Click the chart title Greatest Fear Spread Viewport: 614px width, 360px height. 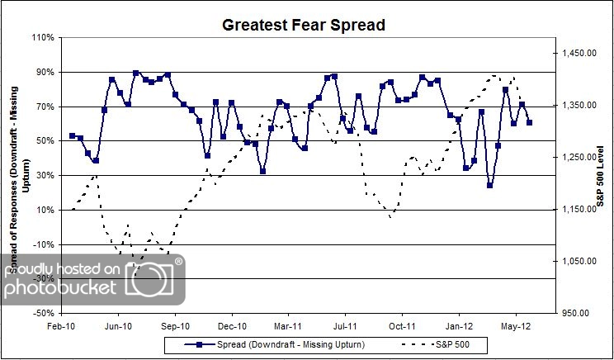tap(303, 25)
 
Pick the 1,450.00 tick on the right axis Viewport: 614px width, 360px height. tap(578, 54)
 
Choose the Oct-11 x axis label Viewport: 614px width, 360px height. tap(402, 325)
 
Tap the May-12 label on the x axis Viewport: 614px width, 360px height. tap(515, 325)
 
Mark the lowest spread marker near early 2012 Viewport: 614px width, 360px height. tap(489, 185)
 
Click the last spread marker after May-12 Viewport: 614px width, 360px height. tap(530, 122)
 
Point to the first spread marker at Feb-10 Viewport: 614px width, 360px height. tap(73, 135)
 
